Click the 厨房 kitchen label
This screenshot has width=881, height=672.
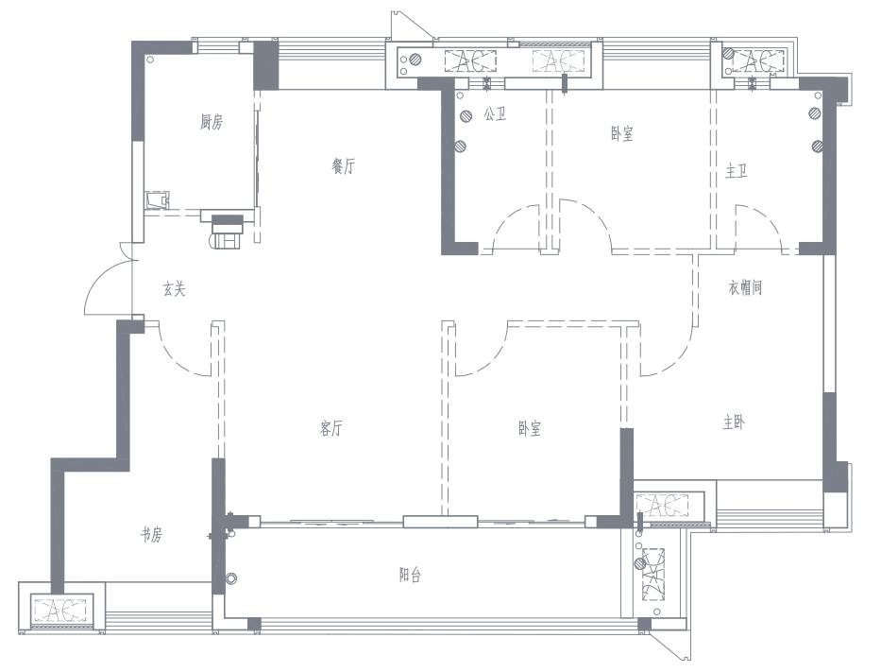[x=212, y=122]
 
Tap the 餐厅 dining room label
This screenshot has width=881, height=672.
[x=344, y=166]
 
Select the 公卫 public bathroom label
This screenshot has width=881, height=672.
[x=495, y=114]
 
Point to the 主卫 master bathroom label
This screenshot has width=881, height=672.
[x=736, y=171]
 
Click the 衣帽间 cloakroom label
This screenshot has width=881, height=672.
[x=745, y=288]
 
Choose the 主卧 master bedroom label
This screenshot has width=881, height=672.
[x=735, y=422]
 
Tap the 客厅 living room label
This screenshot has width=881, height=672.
[x=330, y=428]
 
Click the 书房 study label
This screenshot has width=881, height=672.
[x=151, y=534]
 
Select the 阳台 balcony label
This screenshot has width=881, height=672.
[x=410, y=575]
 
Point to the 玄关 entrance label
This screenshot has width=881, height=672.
[x=174, y=289]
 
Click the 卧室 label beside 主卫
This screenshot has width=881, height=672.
[x=622, y=134]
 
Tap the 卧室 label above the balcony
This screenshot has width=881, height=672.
[x=530, y=428]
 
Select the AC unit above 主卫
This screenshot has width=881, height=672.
[x=758, y=60]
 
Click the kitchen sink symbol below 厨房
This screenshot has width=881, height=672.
[x=157, y=200]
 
